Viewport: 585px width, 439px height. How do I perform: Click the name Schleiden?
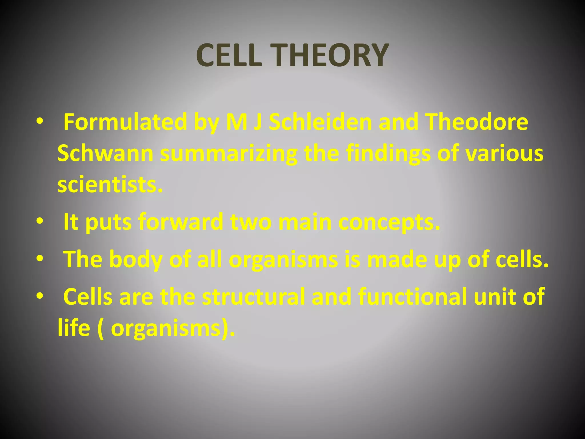[320, 122]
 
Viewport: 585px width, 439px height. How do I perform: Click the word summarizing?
[229, 153]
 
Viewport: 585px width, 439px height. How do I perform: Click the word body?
[136, 259]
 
